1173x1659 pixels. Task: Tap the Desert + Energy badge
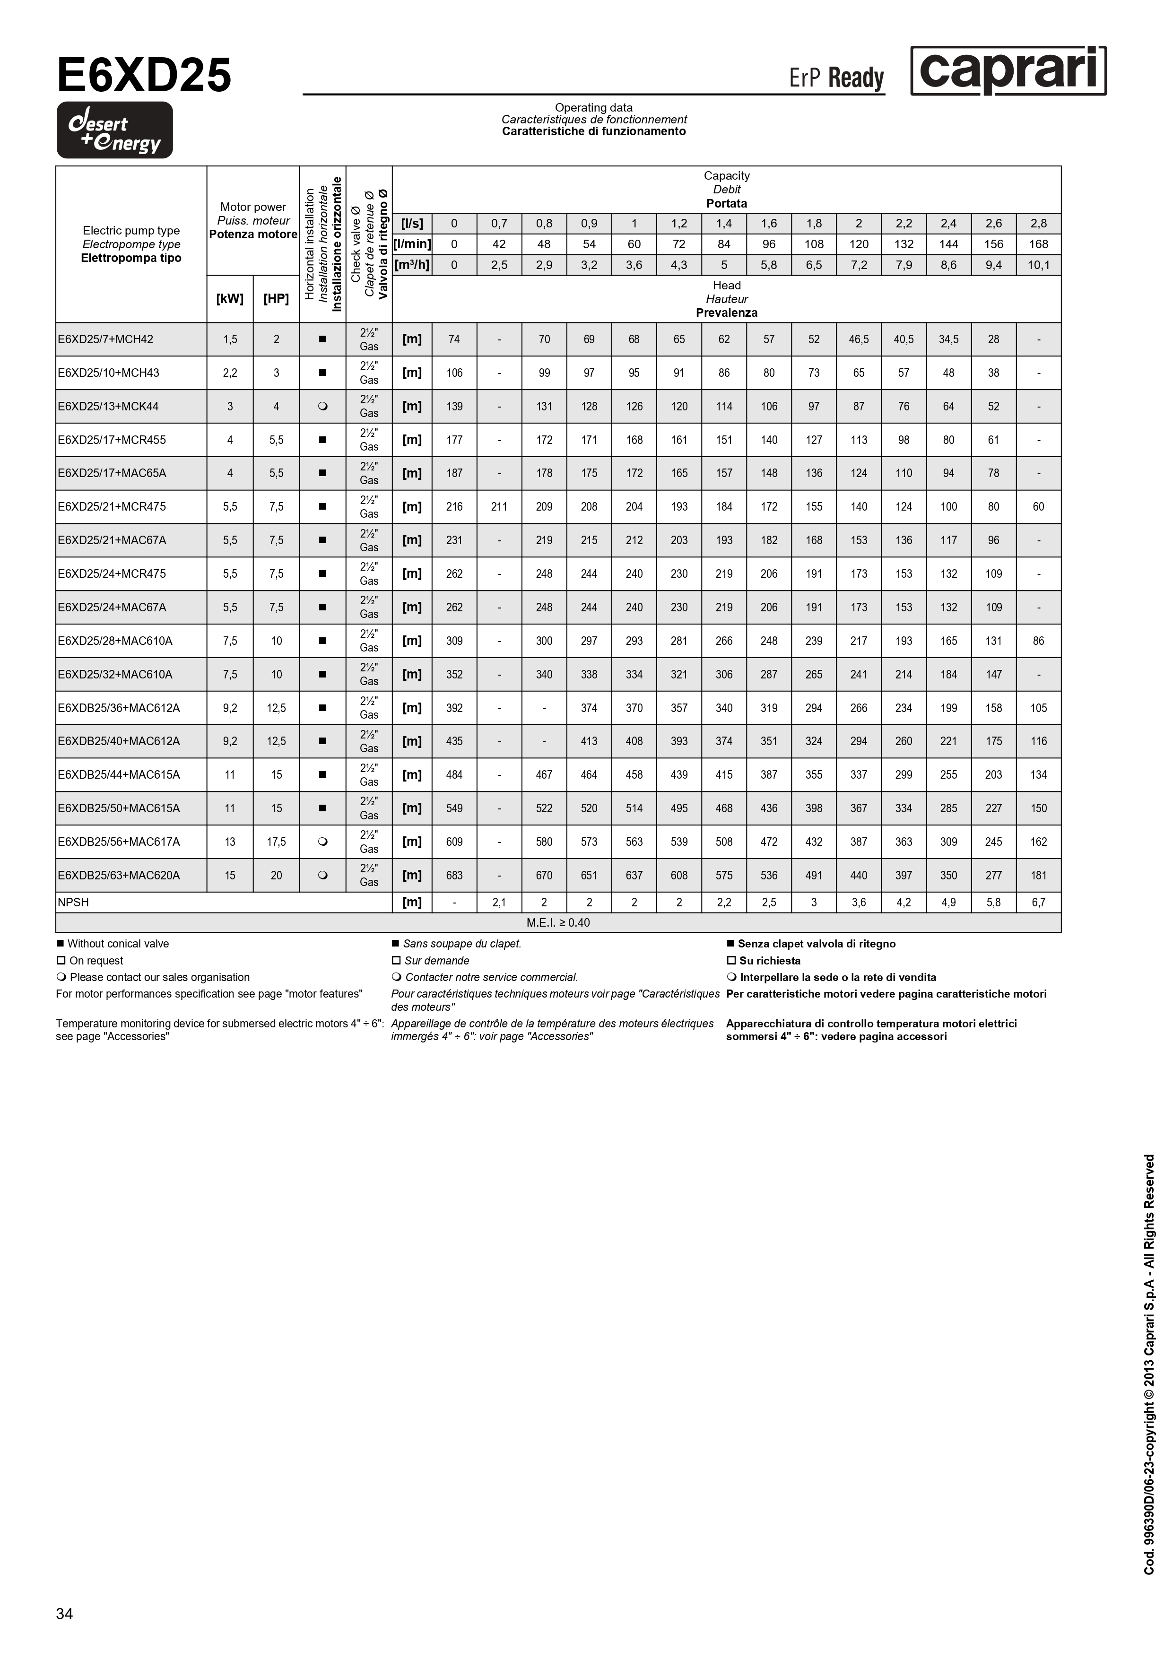[115, 130]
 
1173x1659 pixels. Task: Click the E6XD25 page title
[144, 76]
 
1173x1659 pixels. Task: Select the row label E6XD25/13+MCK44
[108, 406]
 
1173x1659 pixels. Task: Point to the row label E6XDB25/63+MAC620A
[119, 875]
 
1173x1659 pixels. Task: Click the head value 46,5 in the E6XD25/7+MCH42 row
[859, 339]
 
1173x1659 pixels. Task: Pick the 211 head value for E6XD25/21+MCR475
[499, 506]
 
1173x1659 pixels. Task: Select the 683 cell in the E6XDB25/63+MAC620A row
[454, 875]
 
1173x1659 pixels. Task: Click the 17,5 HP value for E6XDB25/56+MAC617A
[276, 842]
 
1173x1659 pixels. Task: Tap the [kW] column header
[230, 298]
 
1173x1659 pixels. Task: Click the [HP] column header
[276, 298]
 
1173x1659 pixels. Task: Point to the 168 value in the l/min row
[1038, 244]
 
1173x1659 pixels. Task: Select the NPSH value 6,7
[1038, 903]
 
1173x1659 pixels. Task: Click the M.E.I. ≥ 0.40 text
[558, 923]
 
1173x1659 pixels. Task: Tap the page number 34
[64, 1614]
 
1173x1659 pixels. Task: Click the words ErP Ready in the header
[836, 78]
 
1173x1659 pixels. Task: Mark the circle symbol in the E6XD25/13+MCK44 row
[322, 406]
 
